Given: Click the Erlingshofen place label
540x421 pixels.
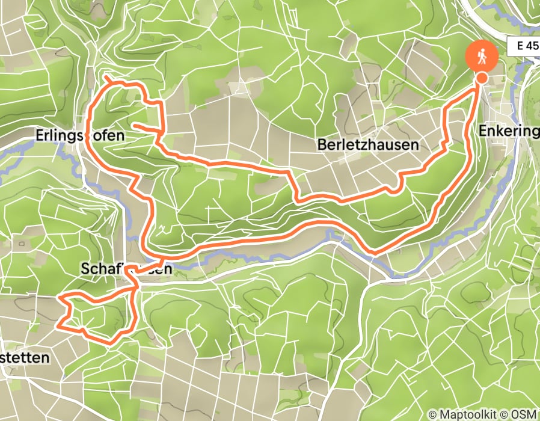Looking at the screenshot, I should [76, 136].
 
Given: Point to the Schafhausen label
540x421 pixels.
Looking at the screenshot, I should [127, 269].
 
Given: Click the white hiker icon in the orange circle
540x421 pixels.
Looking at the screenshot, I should [482, 58].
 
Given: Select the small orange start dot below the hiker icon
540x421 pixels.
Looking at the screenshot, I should [482, 78].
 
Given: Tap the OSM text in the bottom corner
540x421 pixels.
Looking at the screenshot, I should [524, 414].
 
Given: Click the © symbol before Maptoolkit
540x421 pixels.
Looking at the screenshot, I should [433, 414].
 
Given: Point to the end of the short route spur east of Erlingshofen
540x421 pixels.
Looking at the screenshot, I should [132, 125].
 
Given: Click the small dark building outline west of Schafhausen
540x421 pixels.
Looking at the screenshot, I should [22, 245].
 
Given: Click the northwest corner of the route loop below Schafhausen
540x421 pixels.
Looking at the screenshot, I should [60, 298].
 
